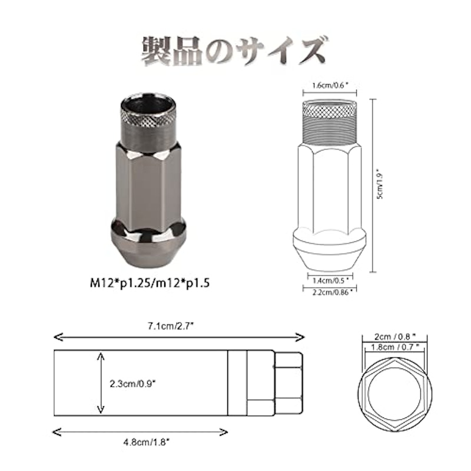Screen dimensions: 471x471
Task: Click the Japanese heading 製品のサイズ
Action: (234, 51)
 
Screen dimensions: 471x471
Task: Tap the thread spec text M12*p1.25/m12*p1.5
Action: (150, 283)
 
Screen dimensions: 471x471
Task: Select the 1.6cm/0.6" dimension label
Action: (330, 85)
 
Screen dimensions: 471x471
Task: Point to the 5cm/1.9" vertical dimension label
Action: (380, 185)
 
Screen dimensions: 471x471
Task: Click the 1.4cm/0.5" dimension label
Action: (330, 281)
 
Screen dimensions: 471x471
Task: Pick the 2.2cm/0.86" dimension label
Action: (332, 292)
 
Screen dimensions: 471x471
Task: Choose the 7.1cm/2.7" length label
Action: (170, 326)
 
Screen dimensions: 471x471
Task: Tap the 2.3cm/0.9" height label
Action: (132, 384)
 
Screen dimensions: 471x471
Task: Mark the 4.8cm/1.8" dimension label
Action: (146, 442)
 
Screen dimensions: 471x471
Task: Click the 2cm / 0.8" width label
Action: (394, 336)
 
